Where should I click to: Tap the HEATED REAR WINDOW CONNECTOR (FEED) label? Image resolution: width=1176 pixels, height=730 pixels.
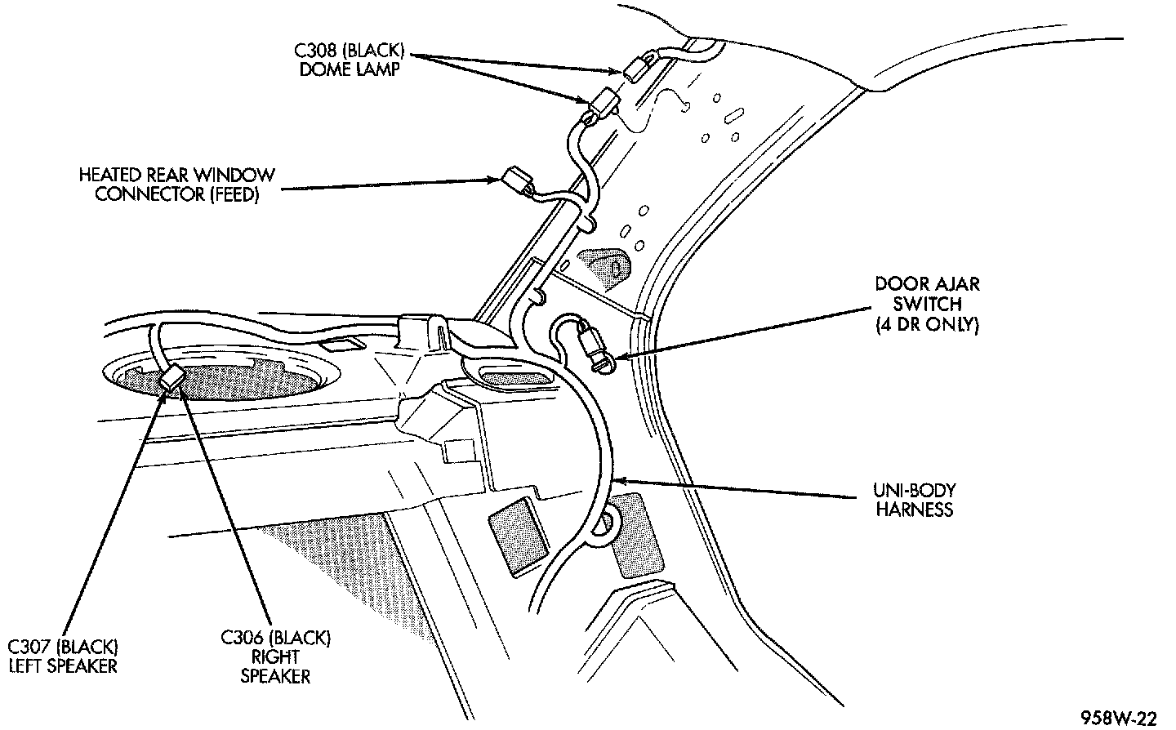pos(176,185)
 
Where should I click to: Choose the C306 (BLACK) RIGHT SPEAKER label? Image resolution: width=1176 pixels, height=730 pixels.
pos(275,656)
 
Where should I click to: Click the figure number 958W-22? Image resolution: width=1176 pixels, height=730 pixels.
pos(1118,718)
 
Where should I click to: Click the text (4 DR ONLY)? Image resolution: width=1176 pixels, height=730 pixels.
pos(927,324)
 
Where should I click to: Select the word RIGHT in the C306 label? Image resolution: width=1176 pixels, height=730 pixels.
pos(275,657)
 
